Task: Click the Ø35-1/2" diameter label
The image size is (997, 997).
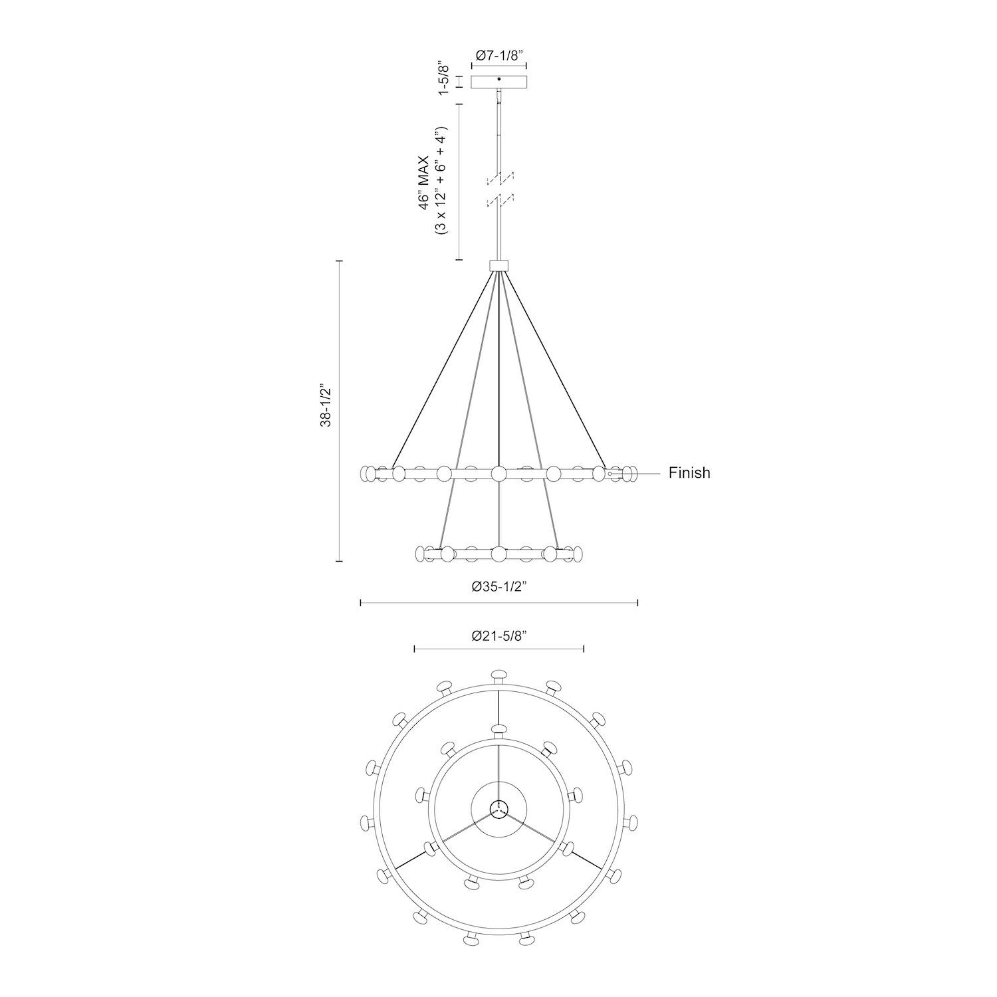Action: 499,586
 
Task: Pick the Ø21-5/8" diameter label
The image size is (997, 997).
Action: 499,636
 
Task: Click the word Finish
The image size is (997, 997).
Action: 689,473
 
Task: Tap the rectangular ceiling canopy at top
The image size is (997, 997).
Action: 498,82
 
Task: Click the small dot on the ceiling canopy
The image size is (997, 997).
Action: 498,79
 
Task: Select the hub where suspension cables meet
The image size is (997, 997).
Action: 498,265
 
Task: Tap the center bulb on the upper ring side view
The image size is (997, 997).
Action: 498,473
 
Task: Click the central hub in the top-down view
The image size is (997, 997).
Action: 498,809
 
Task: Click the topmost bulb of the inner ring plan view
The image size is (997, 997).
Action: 498,729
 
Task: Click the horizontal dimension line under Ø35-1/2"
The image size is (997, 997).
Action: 498,603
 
